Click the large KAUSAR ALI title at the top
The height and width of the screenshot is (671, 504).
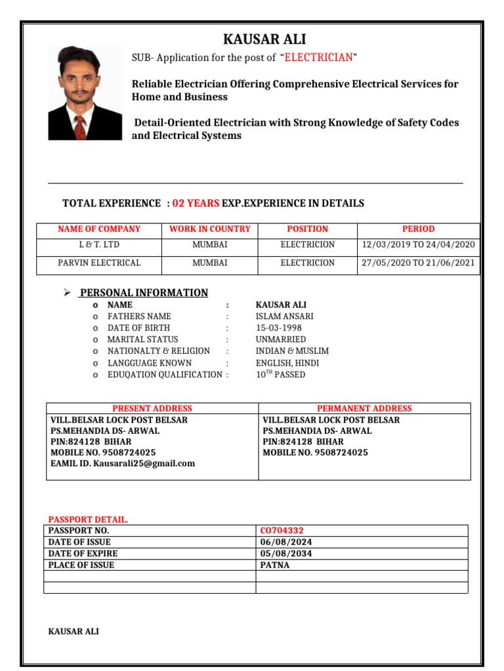[x=264, y=39]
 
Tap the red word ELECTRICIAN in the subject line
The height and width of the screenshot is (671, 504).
[x=318, y=58]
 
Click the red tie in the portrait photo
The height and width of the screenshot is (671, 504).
[x=79, y=125]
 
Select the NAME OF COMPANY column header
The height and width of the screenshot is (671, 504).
[x=99, y=229]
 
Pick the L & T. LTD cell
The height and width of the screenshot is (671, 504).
[x=99, y=245]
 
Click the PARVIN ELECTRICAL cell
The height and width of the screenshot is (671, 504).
[x=99, y=263]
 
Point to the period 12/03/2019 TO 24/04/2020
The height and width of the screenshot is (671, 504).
[x=418, y=245]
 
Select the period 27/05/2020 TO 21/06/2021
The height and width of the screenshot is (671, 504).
[x=418, y=263]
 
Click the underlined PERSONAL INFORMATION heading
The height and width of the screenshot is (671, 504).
[x=144, y=293]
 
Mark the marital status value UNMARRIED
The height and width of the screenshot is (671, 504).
[x=280, y=339]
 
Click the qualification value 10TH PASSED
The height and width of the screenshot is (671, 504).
[x=280, y=375]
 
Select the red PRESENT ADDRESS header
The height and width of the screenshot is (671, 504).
[x=152, y=408]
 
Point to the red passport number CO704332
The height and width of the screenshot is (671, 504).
[x=282, y=531]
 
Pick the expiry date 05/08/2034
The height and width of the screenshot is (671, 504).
[x=286, y=554]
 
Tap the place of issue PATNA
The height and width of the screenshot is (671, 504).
[x=274, y=565]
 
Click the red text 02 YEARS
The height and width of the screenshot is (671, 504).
[x=196, y=204]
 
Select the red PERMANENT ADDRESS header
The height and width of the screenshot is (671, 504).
[x=364, y=408]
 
